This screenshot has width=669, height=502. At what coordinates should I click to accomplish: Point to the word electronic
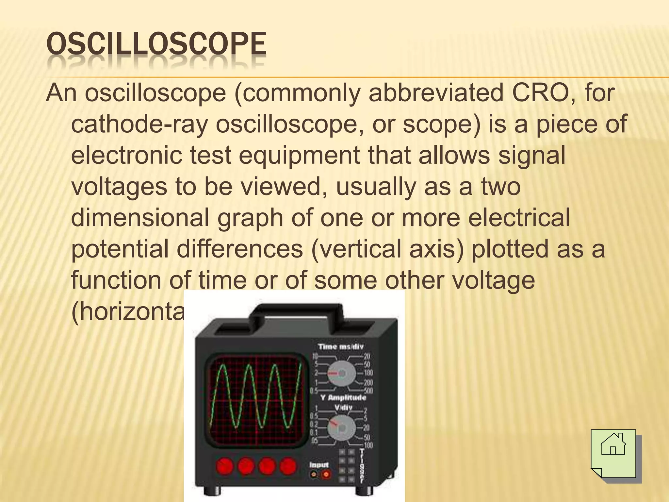[126, 155]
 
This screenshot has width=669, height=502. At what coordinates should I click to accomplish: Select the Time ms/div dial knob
[342, 373]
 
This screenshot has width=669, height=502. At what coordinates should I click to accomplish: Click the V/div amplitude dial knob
[342, 427]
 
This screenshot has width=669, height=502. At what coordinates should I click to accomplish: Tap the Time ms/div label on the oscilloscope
[341, 347]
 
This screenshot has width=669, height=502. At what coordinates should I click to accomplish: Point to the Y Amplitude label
[343, 398]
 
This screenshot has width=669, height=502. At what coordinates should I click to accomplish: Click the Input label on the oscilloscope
[319, 464]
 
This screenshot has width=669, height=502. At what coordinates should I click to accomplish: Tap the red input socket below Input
[326, 474]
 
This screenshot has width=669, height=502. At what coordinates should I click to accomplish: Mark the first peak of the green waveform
[222, 365]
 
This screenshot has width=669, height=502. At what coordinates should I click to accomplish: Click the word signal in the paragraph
[531, 155]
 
